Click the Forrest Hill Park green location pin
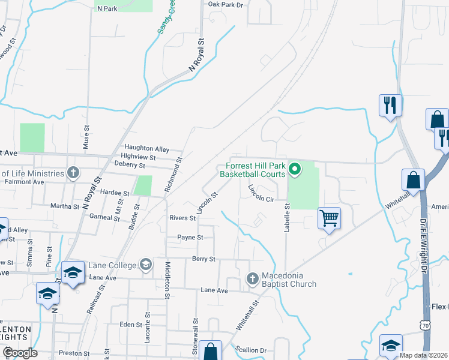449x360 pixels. click(294, 170)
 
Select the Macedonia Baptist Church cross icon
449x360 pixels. click(252, 278)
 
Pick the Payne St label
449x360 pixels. click(190, 238)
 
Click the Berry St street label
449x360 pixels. click(203, 259)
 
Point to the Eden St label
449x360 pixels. click(129, 324)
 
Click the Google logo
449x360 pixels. click(19, 353)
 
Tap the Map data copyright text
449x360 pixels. click(423, 355)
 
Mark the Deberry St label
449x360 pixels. click(130, 165)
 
